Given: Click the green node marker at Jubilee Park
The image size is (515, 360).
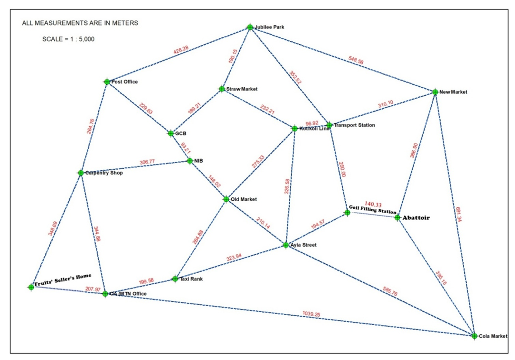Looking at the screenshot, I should pos(250,27).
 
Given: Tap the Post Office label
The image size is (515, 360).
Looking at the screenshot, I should pos(124,82).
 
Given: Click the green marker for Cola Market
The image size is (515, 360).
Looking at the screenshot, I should pos(474,336).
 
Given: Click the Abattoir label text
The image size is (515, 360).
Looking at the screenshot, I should pos(416,217).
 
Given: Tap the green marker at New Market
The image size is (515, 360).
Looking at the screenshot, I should pos(435,92).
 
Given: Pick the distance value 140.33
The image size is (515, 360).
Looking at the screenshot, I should pos(373,204).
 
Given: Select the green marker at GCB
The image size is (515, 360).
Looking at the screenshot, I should pos(171,133).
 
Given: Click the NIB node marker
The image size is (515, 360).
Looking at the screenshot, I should pos(190,161).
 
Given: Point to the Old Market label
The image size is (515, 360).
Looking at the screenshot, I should pos(244,199).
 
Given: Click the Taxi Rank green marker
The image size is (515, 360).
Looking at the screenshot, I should pos(175,279).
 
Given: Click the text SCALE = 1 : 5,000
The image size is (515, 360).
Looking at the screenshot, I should pos(68,39).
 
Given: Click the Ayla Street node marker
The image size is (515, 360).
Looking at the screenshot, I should pos(286,245).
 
